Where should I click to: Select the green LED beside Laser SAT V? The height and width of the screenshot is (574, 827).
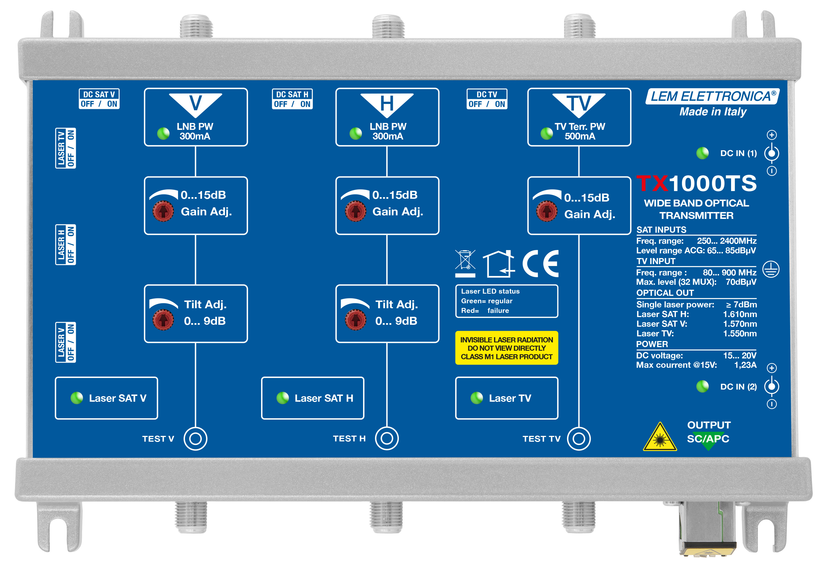tap(77, 398)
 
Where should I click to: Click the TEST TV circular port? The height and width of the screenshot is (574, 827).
tap(579, 438)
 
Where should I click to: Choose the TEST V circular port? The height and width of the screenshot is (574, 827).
tap(195, 438)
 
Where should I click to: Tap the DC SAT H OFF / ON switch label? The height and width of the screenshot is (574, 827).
tap(292, 99)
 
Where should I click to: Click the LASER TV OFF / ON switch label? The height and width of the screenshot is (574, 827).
tap(65, 148)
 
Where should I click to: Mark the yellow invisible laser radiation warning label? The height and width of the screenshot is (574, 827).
tap(506, 348)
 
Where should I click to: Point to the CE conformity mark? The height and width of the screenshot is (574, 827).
tap(540, 263)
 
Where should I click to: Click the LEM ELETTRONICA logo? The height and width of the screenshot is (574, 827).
tap(712, 96)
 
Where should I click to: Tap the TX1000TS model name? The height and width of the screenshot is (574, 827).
tap(697, 183)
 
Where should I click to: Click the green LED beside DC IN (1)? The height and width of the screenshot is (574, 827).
tap(702, 153)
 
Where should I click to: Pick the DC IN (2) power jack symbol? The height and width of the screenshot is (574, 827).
tap(771, 386)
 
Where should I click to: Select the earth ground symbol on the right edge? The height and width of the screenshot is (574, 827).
tap(771, 269)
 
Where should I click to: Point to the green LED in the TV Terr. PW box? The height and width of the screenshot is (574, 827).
tap(547, 133)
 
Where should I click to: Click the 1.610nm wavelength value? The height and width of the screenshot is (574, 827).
tap(740, 314)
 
